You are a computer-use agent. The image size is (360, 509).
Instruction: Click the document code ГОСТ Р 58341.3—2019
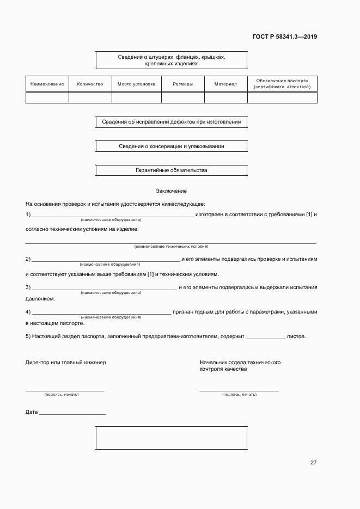tap(285, 37)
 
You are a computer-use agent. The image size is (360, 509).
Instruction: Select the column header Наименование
tap(47, 84)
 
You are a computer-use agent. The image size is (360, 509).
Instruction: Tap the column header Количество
tap(90, 84)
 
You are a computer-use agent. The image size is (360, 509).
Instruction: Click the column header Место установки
tap(136, 84)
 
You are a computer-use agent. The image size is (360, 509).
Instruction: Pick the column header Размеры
tap(182, 84)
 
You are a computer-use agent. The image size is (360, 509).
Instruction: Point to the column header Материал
tap(225, 84)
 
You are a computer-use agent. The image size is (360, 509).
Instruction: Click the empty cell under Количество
tap(90, 97)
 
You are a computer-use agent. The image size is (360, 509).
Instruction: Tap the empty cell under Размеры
tap(182, 97)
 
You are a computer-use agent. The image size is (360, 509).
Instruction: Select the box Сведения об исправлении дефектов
tap(171, 122)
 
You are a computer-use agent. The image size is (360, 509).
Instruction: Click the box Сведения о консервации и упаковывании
tap(171, 146)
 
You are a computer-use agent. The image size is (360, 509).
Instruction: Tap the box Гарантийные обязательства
tap(171, 170)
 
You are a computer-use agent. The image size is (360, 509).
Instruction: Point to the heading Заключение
tap(171, 191)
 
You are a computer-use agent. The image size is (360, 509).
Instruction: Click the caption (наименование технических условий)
tap(171, 247)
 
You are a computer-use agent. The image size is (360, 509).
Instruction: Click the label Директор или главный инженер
tap(65, 363)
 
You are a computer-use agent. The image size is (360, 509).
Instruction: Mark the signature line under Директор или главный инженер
tap(65, 390)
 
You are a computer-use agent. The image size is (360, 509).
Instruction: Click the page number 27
tap(313, 463)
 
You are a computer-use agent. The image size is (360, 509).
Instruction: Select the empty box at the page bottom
tap(171, 438)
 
